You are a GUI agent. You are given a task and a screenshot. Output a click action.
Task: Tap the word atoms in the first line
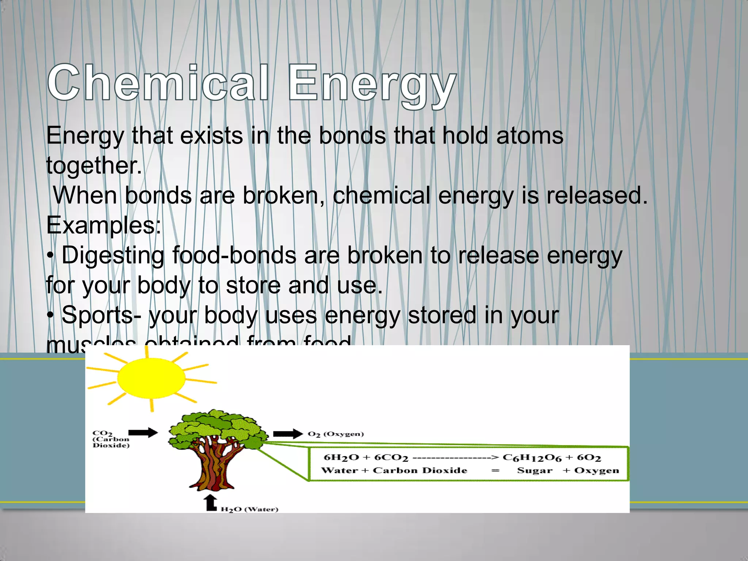(530, 136)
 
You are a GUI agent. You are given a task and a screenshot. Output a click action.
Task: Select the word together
(93, 166)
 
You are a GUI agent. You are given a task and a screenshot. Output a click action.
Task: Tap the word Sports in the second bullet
(97, 315)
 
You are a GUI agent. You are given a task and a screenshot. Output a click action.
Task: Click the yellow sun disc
(151, 378)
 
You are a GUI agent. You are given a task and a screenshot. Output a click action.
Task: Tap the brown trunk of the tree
(212, 467)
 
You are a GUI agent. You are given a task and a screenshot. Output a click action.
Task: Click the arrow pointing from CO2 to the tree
(143, 433)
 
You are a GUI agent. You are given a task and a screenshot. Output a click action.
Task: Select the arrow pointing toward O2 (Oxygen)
(288, 434)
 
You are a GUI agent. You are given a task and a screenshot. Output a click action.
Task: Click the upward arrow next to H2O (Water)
(211, 503)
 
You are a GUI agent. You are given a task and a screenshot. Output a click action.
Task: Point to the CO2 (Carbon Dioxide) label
(110, 439)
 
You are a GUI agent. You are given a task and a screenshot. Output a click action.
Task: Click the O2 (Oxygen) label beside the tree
(336, 434)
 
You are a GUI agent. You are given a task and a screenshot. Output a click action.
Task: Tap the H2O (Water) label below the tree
(249, 510)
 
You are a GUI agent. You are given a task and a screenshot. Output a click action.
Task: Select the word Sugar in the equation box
(535, 471)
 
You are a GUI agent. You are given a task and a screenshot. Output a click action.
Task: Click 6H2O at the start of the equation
(341, 458)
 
